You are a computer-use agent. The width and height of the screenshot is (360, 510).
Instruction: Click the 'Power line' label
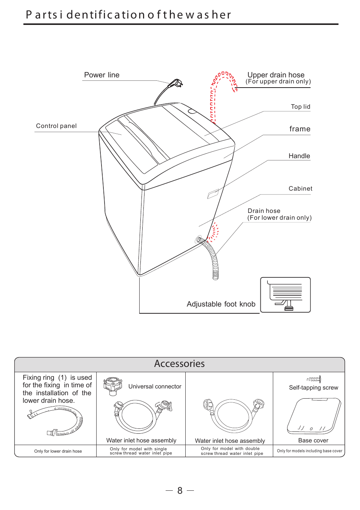coord(102,75)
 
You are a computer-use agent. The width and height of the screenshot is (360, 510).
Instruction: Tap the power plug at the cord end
coord(175,83)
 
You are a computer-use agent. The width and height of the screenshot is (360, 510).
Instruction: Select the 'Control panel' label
coord(56,126)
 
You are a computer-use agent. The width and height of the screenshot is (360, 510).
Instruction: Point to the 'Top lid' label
coord(300,107)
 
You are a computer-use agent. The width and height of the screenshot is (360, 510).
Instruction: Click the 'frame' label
coord(300,129)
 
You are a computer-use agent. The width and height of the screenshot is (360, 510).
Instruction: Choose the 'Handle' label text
coord(299,156)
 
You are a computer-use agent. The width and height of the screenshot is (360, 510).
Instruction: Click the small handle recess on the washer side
coord(213,194)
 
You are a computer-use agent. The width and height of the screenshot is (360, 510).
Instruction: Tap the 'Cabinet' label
coord(300,189)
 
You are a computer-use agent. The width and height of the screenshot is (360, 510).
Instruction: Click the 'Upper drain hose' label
coord(276,75)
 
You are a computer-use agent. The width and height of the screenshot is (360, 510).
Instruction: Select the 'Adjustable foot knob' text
coord(221,304)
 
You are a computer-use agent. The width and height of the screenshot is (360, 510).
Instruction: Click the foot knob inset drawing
coord(285,295)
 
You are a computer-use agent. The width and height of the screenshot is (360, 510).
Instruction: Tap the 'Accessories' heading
coord(179,364)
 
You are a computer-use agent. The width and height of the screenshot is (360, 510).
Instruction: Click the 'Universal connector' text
coord(155,387)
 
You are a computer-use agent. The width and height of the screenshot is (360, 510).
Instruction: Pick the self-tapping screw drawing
coord(314,379)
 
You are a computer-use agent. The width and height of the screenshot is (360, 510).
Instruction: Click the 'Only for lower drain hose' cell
coord(58,451)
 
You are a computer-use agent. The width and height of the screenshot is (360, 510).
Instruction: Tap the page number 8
coord(180,490)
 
